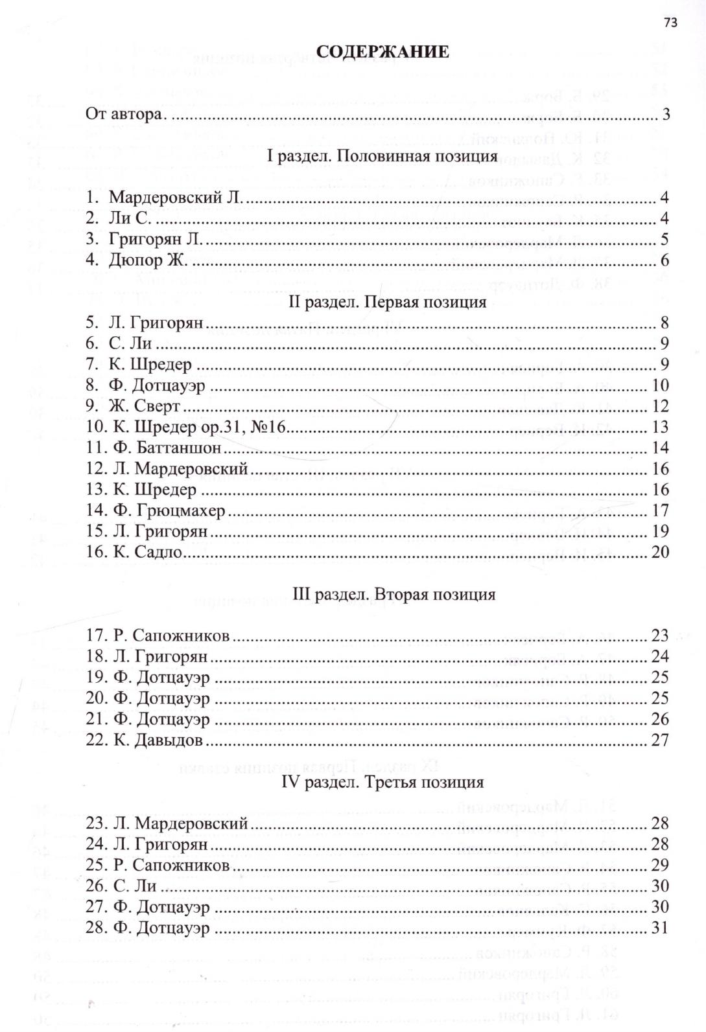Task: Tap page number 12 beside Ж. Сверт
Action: [x=660, y=406]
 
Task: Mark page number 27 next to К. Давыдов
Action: [x=660, y=740]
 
